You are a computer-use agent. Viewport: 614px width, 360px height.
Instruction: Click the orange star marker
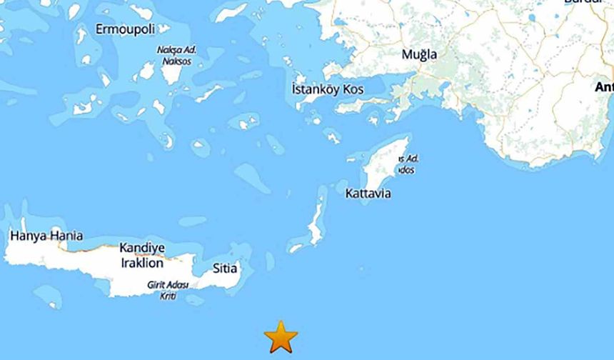(x=281, y=336)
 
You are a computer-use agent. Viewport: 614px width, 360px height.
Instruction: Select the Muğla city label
(x=419, y=54)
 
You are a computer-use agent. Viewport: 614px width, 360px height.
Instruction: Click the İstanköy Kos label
(x=328, y=90)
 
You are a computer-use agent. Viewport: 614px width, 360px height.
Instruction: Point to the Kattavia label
(x=368, y=194)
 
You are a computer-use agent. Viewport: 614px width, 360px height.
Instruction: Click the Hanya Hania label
(x=46, y=235)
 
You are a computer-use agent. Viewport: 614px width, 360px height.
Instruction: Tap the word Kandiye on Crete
(x=142, y=248)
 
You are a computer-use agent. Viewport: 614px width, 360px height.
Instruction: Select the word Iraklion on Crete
(x=141, y=263)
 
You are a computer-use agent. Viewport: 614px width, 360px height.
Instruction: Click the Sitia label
(x=225, y=269)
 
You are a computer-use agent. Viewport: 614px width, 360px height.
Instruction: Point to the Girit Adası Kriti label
(x=167, y=289)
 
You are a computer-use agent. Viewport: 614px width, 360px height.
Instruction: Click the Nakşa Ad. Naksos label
(x=176, y=56)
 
